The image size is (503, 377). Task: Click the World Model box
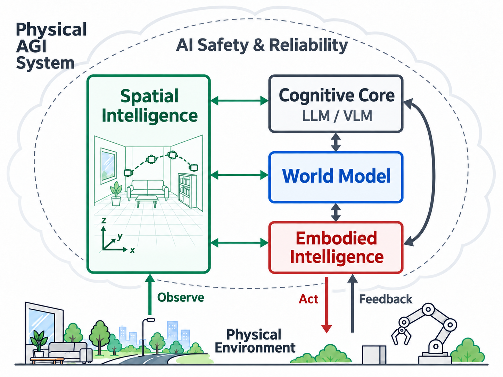click(x=336, y=177)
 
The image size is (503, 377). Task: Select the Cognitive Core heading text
click(x=337, y=96)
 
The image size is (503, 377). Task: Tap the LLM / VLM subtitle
click(x=337, y=116)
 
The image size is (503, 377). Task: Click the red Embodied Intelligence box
click(x=336, y=248)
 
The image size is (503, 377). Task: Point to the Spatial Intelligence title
click(x=149, y=106)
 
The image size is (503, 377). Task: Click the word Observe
click(x=181, y=298)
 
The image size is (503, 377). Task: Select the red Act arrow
click(x=327, y=305)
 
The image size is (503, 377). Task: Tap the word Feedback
click(x=386, y=299)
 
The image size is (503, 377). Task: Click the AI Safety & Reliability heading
click(x=262, y=45)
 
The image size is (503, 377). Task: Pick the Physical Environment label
click(x=255, y=341)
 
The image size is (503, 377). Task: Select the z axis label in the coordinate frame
click(x=104, y=220)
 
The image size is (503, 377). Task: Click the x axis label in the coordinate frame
click(x=132, y=250)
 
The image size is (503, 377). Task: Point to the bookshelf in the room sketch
click(x=187, y=190)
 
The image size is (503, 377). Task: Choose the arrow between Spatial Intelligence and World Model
click(x=239, y=175)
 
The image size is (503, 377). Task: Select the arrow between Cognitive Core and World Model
click(x=336, y=142)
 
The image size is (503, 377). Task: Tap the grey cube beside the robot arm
click(x=374, y=354)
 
